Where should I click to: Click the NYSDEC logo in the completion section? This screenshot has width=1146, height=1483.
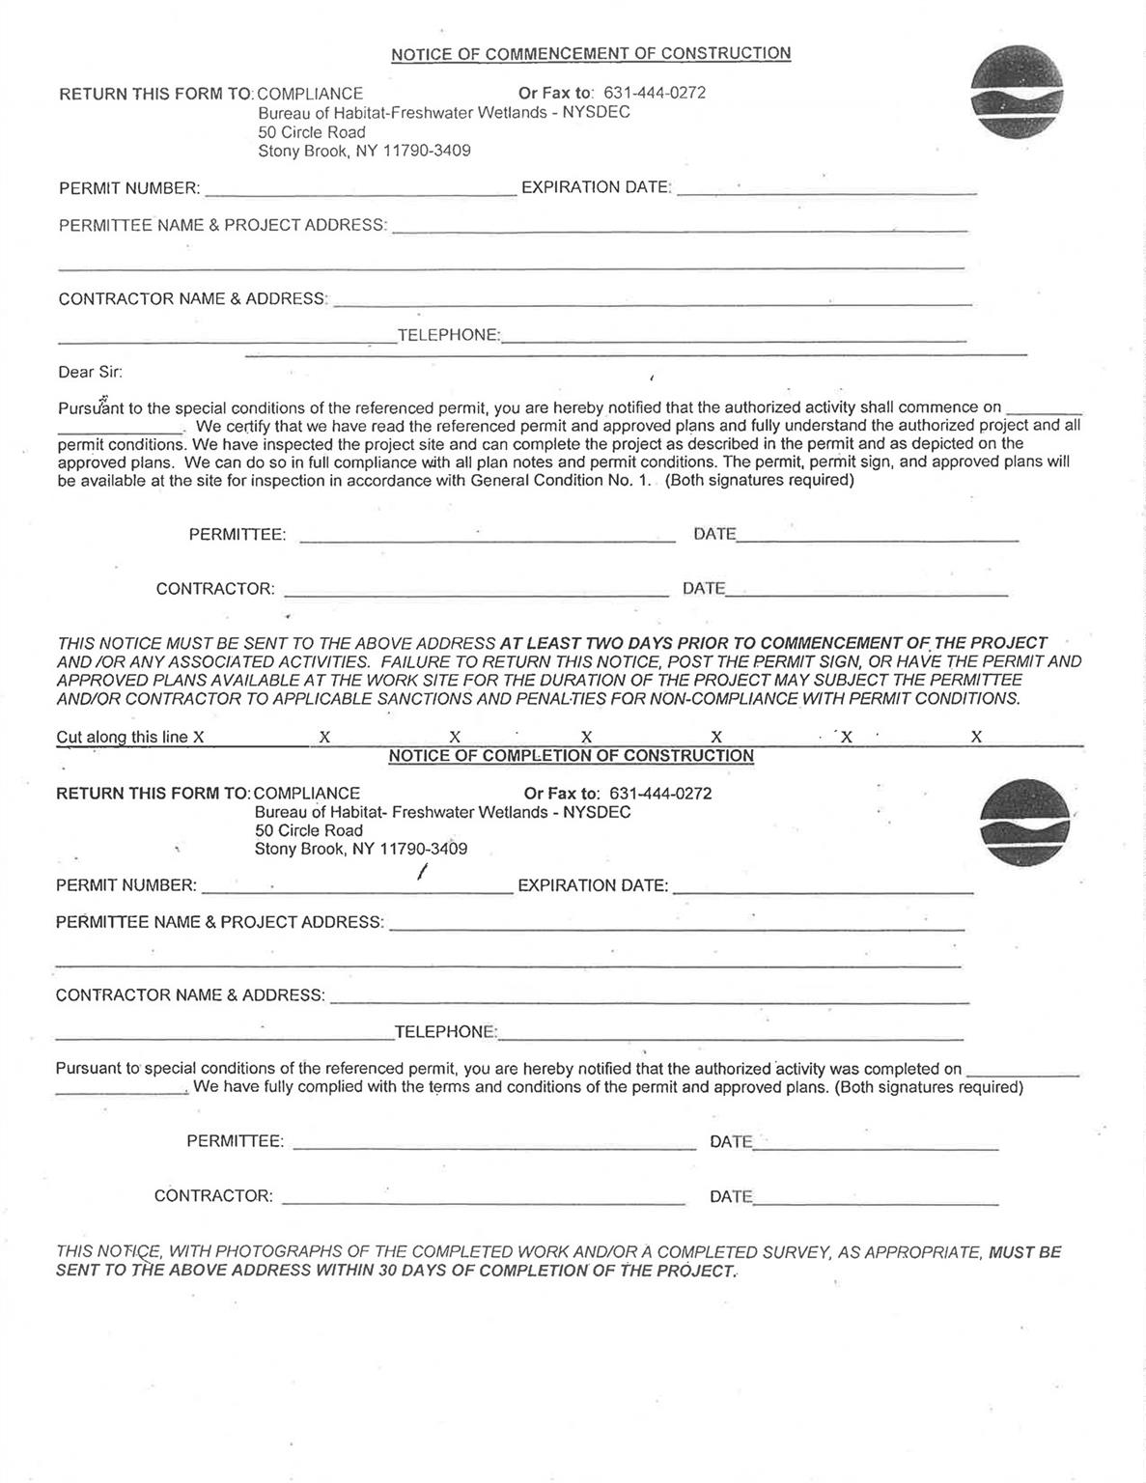(x=1025, y=823)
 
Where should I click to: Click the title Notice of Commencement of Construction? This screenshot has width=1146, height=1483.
(x=590, y=54)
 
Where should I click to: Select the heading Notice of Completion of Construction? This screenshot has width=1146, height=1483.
(x=571, y=756)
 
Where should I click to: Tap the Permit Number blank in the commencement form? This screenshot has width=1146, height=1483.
(x=360, y=189)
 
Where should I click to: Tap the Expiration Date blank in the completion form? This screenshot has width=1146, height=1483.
(x=823, y=886)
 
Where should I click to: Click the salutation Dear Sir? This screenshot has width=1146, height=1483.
(x=90, y=372)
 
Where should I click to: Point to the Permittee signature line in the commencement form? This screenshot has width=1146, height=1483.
(x=487, y=536)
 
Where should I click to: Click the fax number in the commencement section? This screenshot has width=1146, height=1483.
(x=654, y=94)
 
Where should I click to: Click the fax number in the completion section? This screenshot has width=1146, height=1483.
(x=660, y=794)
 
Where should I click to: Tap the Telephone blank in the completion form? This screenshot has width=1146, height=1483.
(x=730, y=1034)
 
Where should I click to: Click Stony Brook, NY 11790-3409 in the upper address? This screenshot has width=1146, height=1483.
(x=364, y=151)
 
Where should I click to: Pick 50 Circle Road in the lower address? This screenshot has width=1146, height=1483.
(x=309, y=830)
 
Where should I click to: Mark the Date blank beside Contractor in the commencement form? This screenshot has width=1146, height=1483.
(x=866, y=590)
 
